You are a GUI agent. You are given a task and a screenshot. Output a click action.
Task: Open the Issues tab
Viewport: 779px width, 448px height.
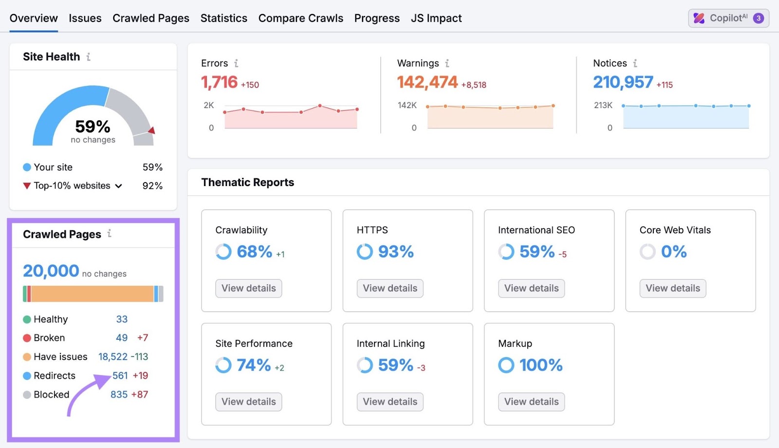85,19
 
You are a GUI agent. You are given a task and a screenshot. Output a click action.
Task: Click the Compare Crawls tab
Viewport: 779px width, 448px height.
300,19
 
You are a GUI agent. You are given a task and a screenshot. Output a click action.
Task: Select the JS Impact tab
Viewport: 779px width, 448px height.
436,19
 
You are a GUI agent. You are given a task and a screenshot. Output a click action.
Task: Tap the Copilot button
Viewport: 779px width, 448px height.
728,18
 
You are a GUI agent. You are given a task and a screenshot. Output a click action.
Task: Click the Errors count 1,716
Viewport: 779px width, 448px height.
219,82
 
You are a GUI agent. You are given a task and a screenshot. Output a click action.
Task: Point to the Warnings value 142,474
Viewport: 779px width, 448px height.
427,82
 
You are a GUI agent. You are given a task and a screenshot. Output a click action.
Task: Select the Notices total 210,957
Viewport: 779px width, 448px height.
623,82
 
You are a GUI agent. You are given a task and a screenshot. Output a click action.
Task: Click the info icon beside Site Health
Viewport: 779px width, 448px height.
88,57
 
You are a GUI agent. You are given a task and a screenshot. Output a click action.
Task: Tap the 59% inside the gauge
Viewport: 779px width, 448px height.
93,127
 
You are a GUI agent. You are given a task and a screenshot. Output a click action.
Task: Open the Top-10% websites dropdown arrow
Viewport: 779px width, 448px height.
118,186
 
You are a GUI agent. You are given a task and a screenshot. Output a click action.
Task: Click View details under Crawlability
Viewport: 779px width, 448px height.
248,288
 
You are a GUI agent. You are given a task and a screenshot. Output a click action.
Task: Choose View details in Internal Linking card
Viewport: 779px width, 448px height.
389,402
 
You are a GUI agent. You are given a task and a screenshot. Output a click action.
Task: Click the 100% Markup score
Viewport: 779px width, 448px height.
540,365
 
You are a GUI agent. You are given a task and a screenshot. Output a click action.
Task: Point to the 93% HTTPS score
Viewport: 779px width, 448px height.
395,252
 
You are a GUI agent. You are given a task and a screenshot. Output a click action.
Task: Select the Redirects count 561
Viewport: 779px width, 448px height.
120,376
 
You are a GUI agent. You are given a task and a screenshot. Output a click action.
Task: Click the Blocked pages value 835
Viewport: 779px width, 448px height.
119,395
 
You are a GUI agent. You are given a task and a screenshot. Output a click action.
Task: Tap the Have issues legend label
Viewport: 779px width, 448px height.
60,357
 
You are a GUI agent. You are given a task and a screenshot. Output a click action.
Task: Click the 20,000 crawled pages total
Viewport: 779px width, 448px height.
51,271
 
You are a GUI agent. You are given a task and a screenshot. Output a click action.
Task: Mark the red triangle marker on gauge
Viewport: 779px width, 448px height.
151,131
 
